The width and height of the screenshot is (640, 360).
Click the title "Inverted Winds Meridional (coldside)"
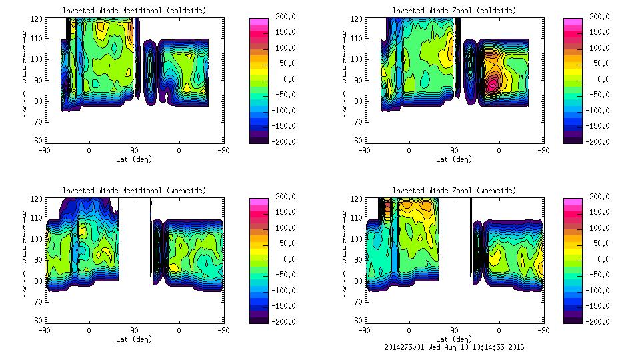tap(134, 11)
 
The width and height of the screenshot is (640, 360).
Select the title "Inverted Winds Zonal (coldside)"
tap(454, 11)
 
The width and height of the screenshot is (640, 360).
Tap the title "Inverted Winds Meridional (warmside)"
tap(134, 191)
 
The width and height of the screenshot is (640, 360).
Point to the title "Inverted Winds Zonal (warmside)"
tap(454, 191)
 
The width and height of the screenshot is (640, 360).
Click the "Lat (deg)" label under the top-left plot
tap(134, 159)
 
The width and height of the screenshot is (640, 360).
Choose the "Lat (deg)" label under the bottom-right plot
tap(454, 339)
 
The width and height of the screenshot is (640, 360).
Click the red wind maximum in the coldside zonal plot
tap(493, 85)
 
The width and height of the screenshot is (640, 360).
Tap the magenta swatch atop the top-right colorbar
tap(573, 22)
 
